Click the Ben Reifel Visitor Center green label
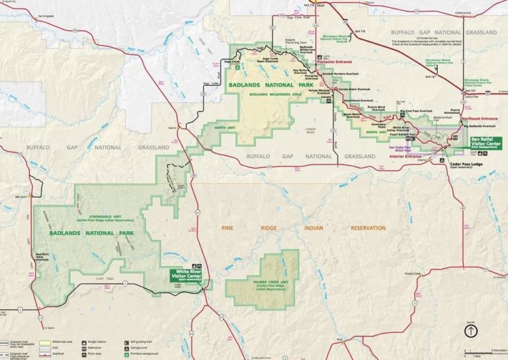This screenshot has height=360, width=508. point(486,143)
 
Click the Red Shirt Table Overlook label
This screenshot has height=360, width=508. point(42,257)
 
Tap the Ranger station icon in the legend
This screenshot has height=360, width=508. point(85,343)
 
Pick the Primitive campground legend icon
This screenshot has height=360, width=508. point(125,353)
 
